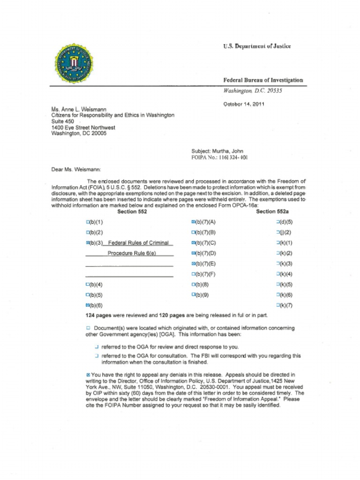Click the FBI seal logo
74,64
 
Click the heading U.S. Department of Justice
256,46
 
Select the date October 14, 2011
244,104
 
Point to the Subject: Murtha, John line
217,151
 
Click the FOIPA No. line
219,157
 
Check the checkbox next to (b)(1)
87,222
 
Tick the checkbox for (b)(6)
87,305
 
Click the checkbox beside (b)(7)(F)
193,274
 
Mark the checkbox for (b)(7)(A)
193,222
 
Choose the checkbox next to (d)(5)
278,222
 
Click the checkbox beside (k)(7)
278,305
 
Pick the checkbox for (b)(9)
193,295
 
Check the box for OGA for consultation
97,356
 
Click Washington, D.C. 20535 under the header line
252,90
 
